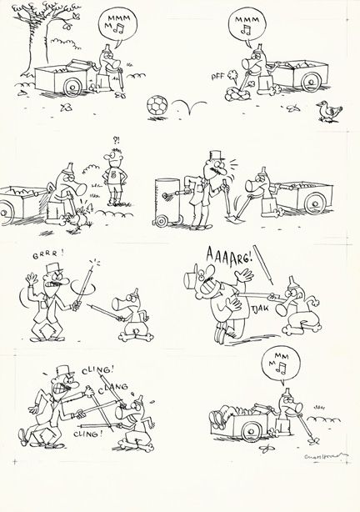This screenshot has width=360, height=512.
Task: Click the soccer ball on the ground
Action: click(155, 107)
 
